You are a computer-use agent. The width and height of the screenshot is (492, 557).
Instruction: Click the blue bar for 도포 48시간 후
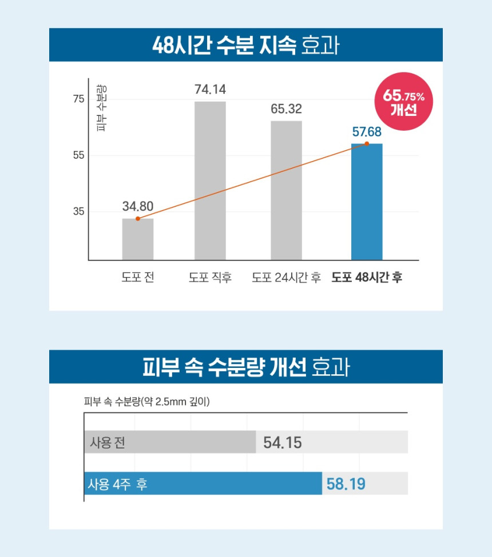367,203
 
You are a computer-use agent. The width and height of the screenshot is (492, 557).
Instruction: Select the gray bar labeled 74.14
210,181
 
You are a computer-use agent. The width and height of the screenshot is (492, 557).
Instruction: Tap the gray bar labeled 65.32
286,190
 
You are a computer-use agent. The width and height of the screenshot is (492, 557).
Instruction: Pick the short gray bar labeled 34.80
138,239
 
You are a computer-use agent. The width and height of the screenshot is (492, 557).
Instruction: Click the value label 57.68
367,132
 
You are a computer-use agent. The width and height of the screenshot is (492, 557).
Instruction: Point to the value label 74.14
210,90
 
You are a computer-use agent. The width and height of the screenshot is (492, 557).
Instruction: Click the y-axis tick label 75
78,99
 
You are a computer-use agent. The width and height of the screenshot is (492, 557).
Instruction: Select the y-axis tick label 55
78,155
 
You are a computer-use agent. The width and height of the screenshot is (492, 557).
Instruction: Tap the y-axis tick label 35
78,211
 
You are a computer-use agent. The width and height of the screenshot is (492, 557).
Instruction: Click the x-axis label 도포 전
138,278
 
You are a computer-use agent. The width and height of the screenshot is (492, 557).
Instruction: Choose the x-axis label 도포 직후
210,278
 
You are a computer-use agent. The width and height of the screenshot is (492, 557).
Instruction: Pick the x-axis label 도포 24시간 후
286,278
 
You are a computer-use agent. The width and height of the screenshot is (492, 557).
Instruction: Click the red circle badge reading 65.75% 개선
403,102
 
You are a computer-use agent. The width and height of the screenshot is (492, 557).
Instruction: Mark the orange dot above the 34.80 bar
138,219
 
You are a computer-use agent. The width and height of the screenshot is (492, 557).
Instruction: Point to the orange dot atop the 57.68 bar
367,144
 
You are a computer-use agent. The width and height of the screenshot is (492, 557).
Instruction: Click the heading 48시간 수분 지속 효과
245,45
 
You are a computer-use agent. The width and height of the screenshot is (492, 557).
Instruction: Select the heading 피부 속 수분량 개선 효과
245,367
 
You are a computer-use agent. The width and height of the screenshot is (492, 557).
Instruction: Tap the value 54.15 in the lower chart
283,443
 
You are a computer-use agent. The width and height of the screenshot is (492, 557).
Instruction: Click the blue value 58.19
346,484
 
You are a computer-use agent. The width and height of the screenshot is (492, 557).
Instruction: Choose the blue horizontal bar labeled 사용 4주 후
203,483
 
